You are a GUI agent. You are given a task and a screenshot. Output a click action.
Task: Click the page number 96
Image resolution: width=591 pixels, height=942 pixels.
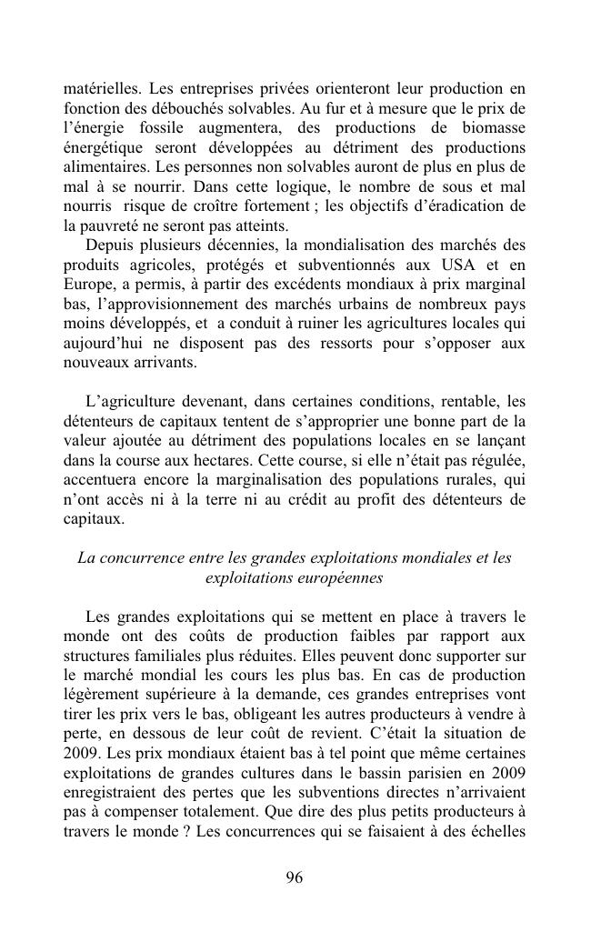coord(295,877)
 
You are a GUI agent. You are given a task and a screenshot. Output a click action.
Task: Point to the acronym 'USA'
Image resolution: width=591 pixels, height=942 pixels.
coord(444,265)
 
